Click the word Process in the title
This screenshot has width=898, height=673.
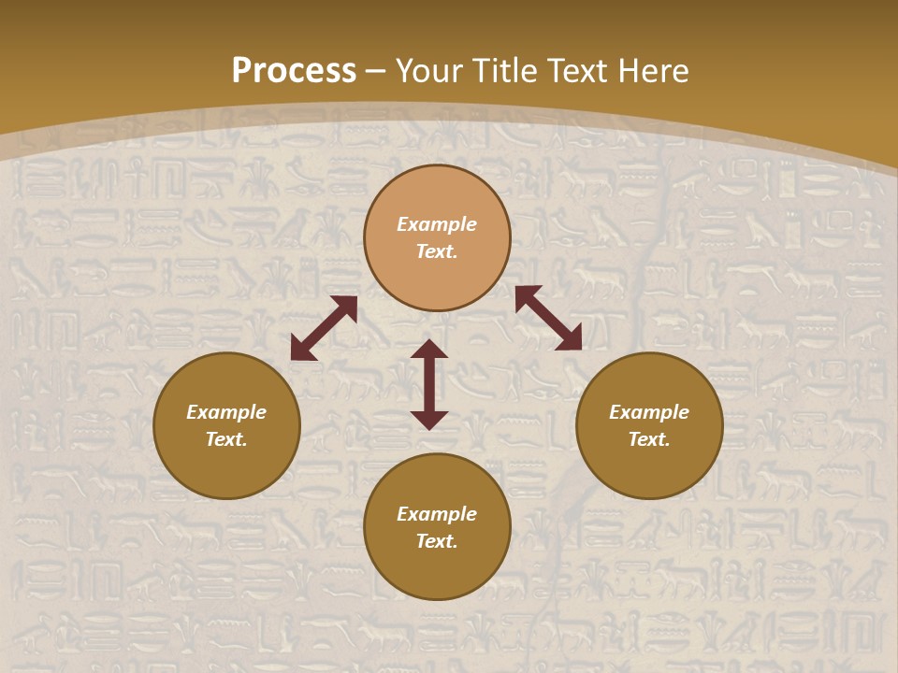point(294,71)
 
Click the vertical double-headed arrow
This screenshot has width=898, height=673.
point(429,384)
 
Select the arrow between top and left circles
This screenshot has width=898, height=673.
point(324,328)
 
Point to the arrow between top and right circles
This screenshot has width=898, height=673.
point(548,318)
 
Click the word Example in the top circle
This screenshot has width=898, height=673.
point(437,224)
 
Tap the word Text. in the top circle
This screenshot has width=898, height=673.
point(437,251)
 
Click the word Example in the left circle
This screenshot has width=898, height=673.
point(226,412)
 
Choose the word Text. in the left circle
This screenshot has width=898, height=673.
point(226,439)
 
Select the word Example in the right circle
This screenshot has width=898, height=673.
point(649,412)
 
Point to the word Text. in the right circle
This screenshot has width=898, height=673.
point(649,439)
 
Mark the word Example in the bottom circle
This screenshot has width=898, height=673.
point(437,514)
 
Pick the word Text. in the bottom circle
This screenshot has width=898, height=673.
point(437,541)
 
